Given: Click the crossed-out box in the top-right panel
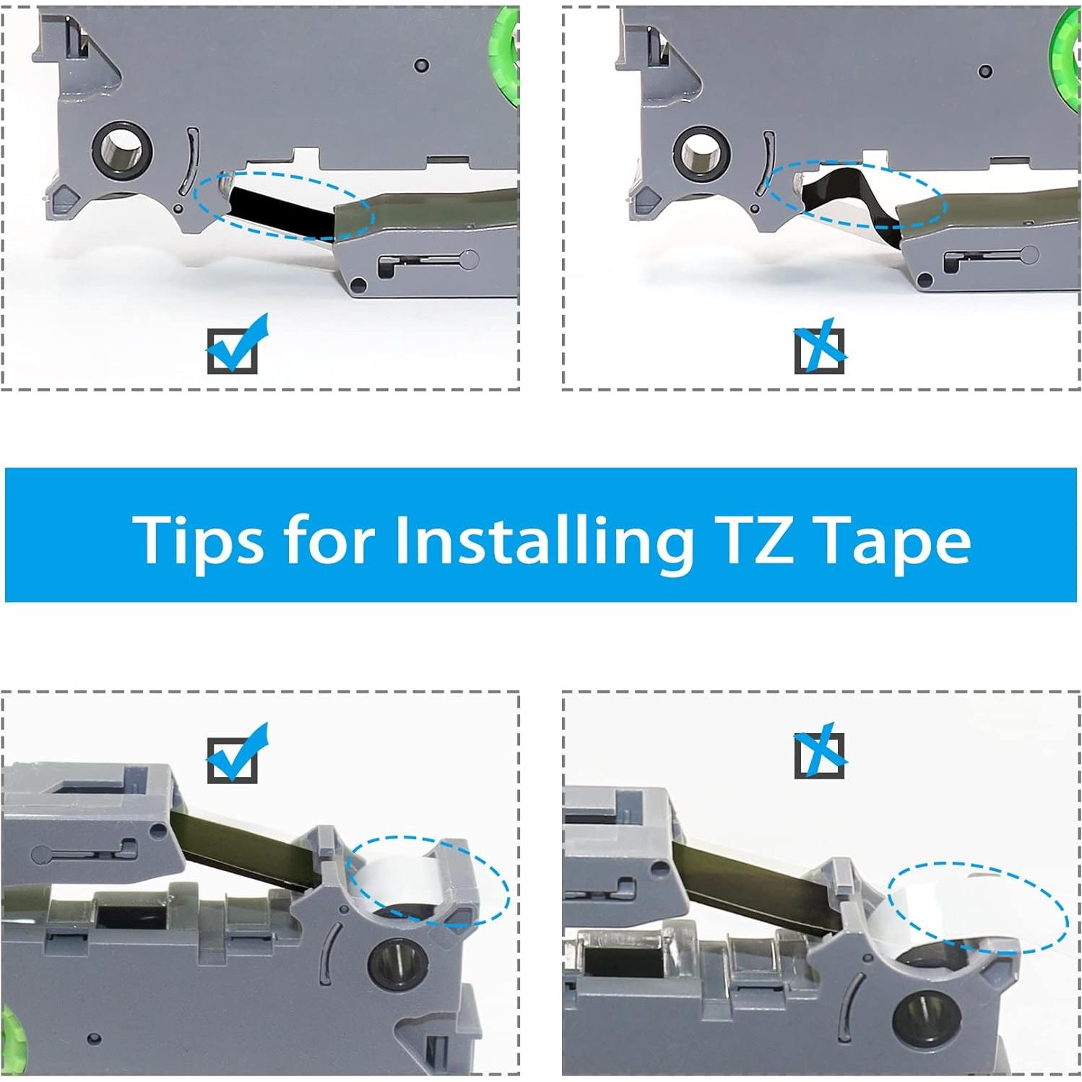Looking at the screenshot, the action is coord(821,347).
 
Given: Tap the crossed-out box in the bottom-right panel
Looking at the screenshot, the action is coord(821,751).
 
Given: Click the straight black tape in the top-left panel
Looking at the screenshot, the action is coord(282,210).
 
